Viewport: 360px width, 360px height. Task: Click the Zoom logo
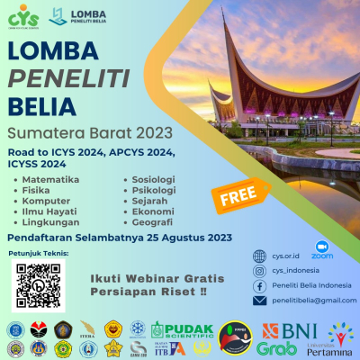(321, 249)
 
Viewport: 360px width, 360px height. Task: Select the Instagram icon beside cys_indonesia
(260, 270)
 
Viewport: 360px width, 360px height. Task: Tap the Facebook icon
(260, 285)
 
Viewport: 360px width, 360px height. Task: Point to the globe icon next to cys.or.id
(260, 255)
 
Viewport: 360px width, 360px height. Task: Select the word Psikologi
(152, 191)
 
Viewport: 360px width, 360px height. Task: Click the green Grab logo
(276, 346)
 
